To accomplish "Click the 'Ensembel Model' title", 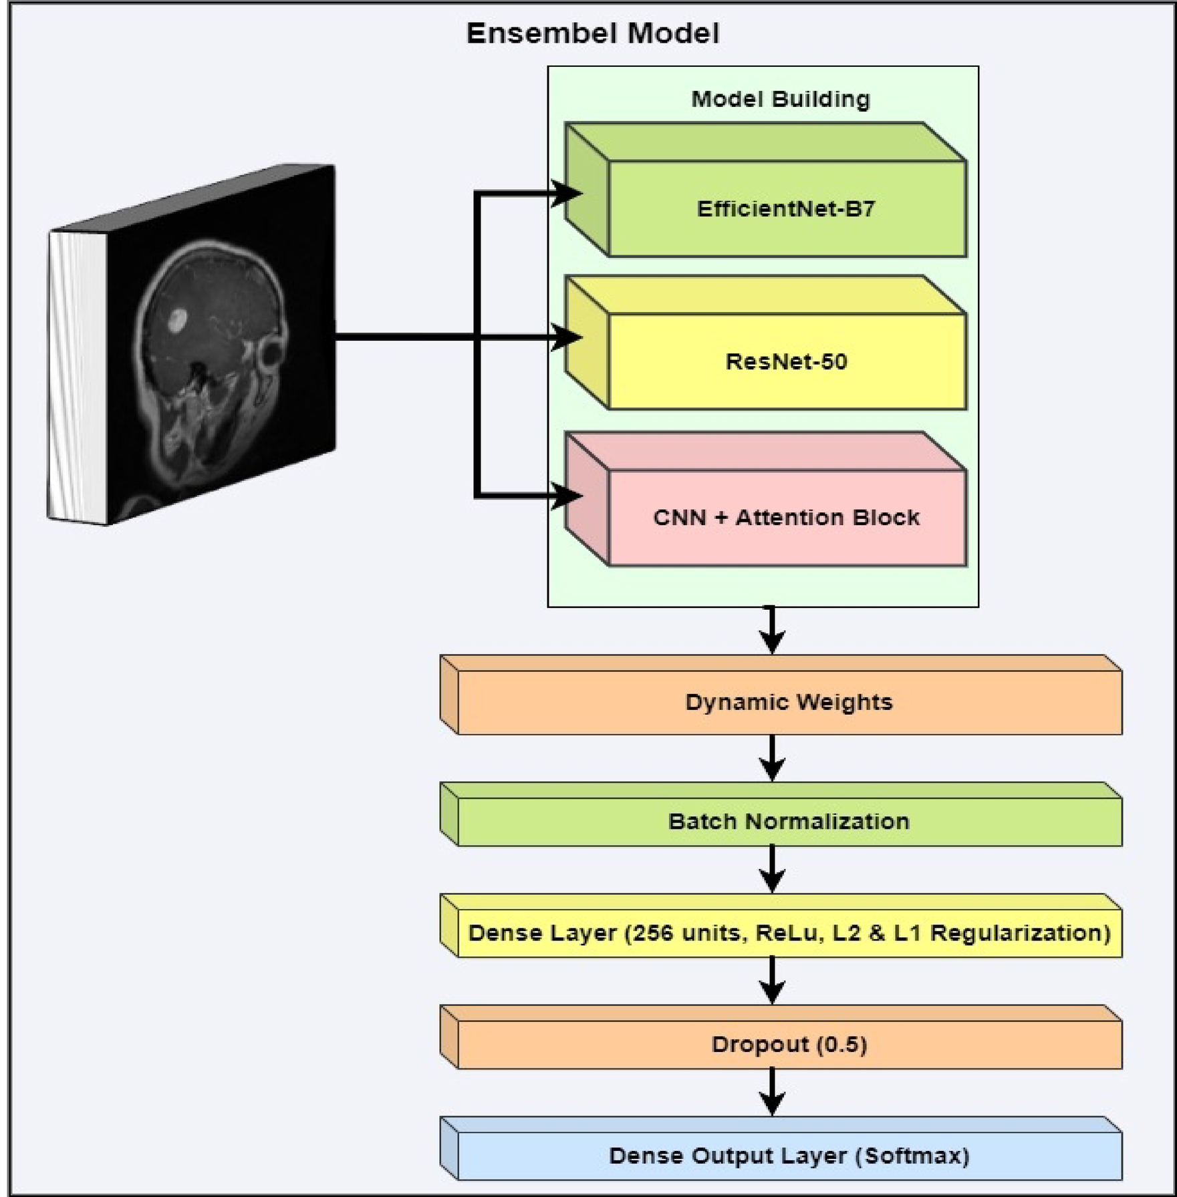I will pos(592,33).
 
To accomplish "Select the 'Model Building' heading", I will pos(780,99).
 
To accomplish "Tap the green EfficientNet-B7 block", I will pos(785,209).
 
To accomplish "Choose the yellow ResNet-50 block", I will pos(786,361).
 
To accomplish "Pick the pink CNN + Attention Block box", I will pos(786,518).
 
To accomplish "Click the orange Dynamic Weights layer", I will pos(789,702).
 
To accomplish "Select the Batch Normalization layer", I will pos(789,821).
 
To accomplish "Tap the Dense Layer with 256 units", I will pos(789,932).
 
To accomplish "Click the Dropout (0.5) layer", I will pos(789,1044).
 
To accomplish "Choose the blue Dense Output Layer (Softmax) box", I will pos(789,1156).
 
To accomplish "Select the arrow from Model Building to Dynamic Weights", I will pos(772,631).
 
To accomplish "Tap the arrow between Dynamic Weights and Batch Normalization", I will pos(772,759).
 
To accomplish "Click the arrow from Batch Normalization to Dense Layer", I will pos(772,870).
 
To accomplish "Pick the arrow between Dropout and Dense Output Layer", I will pos(772,1093).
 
